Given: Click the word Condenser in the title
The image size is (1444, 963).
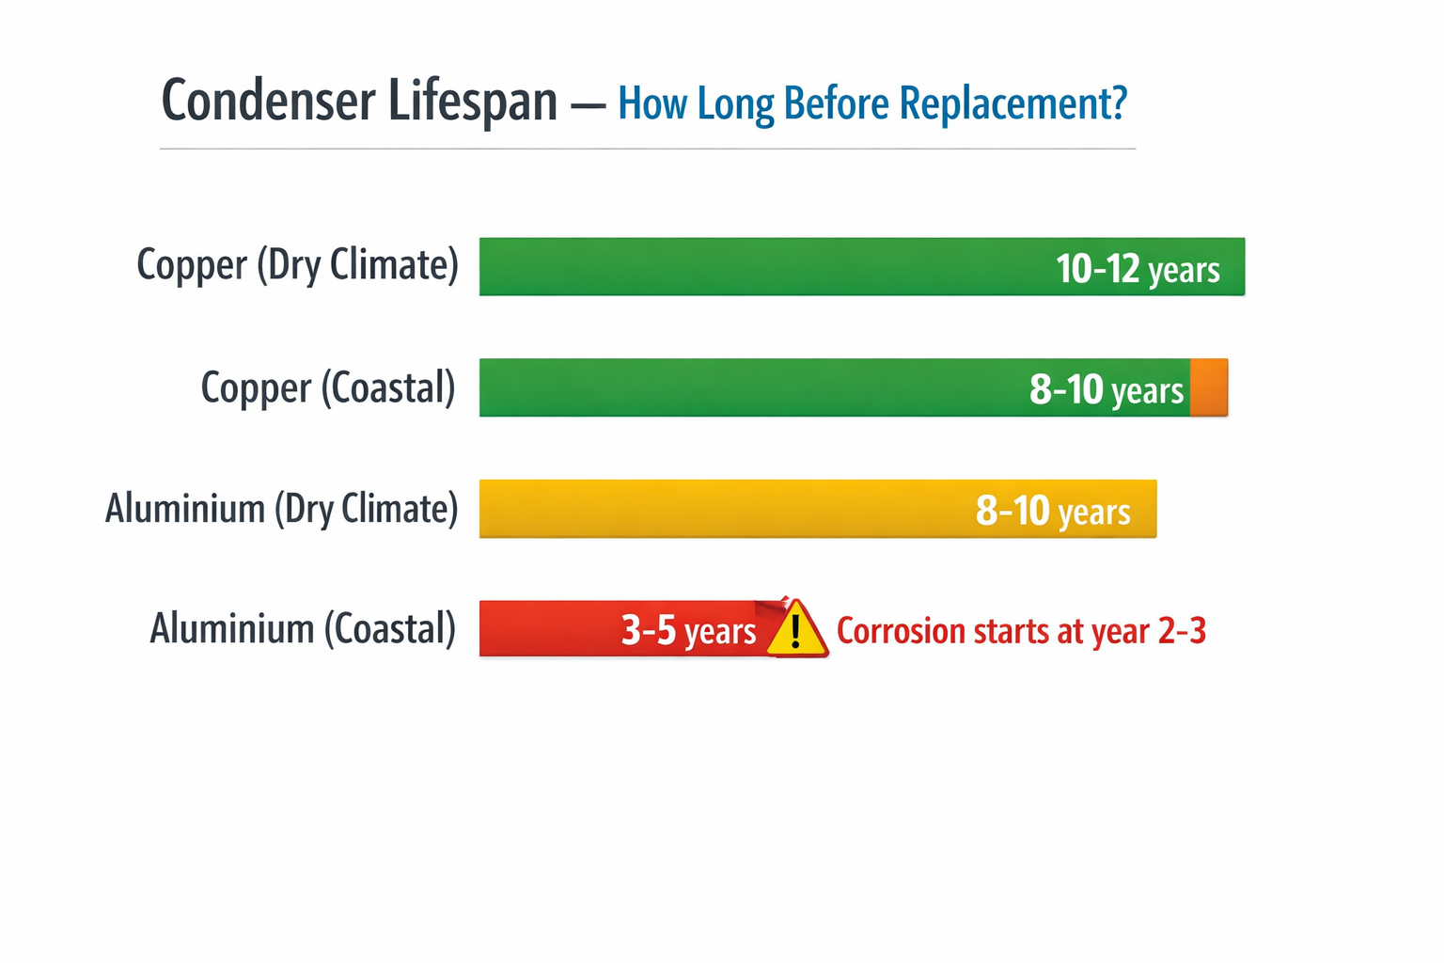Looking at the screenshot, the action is click(268, 100).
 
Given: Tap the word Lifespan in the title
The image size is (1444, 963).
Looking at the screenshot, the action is click(473, 102).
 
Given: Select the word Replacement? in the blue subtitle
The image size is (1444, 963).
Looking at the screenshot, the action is click(1012, 103).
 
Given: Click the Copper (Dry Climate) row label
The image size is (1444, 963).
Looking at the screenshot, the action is click(297, 265).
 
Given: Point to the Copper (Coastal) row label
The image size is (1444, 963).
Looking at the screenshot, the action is click(328, 387).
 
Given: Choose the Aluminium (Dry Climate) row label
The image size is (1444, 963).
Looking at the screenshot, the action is click(282, 508).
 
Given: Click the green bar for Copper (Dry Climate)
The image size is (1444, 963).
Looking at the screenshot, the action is click(862, 266).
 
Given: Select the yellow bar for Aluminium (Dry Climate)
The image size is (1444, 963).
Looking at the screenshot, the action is click(817, 508).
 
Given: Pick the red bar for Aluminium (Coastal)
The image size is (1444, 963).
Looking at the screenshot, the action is click(629, 629).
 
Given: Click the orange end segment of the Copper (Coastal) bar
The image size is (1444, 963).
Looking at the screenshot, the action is click(1209, 387).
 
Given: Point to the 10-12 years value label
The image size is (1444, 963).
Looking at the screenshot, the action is click(1138, 269).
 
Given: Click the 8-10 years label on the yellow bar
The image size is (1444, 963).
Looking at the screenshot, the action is click(1053, 511).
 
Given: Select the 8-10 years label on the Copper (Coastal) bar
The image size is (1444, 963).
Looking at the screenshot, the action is click(1107, 389).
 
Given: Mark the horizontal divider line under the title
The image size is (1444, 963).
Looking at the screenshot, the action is click(648, 149).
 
